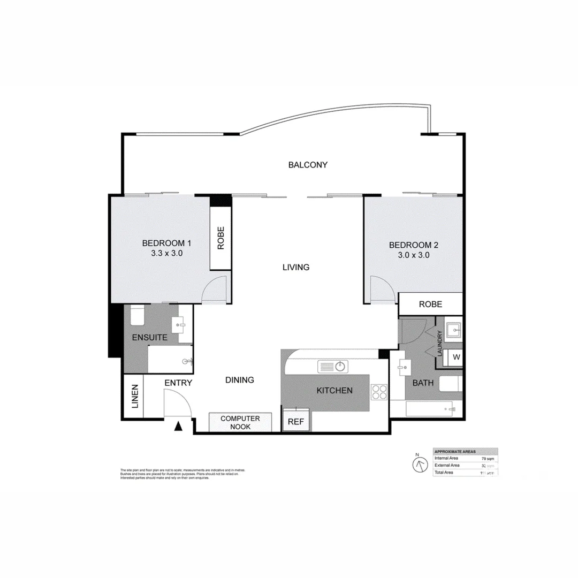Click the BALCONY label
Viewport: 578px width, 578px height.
(x=308, y=165)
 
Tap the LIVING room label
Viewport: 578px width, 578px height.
(x=296, y=267)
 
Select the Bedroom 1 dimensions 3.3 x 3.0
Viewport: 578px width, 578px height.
(x=167, y=254)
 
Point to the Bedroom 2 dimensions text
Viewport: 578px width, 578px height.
(x=414, y=255)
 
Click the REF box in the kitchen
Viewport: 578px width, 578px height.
(x=296, y=422)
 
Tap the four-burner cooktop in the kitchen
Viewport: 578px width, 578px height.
(x=379, y=392)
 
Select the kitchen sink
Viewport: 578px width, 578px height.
(x=333, y=367)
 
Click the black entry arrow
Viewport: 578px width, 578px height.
(x=179, y=427)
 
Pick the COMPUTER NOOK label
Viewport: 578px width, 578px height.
(x=240, y=422)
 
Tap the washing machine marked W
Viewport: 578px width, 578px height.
(x=456, y=357)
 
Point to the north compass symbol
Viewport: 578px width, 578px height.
(x=418, y=463)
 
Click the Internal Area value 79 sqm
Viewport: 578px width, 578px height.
(x=487, y=459)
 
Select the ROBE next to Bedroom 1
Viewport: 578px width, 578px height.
(x=220, y=239)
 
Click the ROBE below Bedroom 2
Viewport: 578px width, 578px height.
(x=430, y=304)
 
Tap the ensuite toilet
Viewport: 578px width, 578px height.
(x=136, y=316)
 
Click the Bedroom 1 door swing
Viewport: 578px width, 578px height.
(x=217, y=291)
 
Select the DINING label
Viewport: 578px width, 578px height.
(x=239, y=380)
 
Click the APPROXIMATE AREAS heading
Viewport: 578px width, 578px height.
(x=455, y=451)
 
